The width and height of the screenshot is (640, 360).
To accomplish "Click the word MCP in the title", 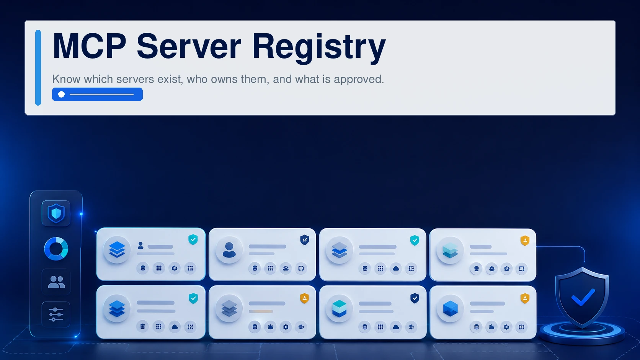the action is pyautogui.click(x=90, y=46).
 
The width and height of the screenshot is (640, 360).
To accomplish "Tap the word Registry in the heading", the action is pyautogui.click(x=319, y=48).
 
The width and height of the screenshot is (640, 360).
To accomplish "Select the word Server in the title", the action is pyautogui.click(x=189, y=46).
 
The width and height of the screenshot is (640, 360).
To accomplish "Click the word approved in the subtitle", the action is pyautogui.click(x=359, y=79).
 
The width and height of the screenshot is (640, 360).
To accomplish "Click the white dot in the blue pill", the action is pyautogui.click(x=61, y=94).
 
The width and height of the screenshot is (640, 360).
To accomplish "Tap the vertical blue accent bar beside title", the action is pyautogui.click(x=38, y=68).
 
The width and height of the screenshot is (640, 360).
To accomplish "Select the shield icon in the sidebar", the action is pyautogui.click(x=56, y=213).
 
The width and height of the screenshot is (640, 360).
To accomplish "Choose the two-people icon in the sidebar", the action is pyautogui.click(x=56, y=282).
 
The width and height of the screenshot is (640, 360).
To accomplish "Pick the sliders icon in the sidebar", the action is pyautogui.click(x=56, y=314).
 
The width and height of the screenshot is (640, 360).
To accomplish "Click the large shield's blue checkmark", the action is pyautogui.click(x=583, y=298).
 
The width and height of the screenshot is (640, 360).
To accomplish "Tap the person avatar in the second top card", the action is pyautogui.click(x=229, y=250).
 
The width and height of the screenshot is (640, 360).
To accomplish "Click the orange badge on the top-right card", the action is pyautogui.click(x=525, y=240).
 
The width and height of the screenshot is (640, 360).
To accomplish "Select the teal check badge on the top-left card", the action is pyautogui.click(x=193, y=239).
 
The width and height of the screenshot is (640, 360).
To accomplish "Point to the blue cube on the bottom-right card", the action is pyautogui.click(x=450, y=309).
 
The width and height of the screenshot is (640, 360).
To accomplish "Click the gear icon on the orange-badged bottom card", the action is pyautogui.click(x=286, y=327).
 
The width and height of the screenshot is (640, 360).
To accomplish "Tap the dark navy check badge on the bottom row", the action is pyautogui.click(x=415, y=298).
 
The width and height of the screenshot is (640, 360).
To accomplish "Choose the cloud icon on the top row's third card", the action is pyautogui.click(x=396, y=268).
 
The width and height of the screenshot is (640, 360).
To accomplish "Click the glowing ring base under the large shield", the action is pyautogui.click(x=582, y=337).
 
